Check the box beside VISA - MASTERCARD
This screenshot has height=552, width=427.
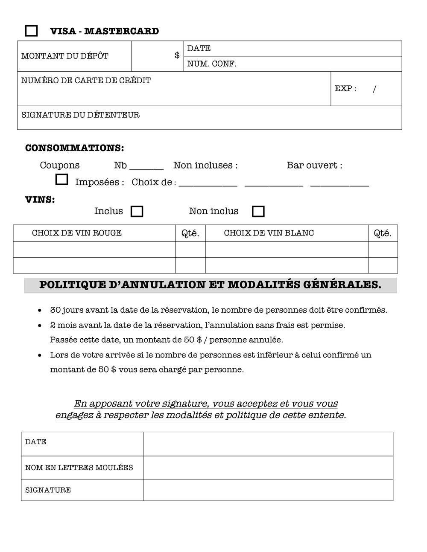coord(31,31)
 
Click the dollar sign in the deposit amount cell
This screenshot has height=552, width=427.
coord(177,55)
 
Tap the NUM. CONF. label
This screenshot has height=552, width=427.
coord(212,64)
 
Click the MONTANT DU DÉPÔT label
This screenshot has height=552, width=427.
coord(65,56)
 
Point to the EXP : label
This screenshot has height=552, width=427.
coord(345,89)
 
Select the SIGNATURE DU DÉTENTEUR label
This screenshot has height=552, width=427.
coord(80,115)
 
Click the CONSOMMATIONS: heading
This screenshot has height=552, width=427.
coord(75,148)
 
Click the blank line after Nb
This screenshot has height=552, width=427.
coord(146,167)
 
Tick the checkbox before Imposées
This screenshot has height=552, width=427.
coord(61,180)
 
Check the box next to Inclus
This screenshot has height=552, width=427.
coord(137,212)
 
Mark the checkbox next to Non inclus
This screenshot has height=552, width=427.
coord(258,212)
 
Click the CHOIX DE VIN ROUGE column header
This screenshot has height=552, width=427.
coord(77,233)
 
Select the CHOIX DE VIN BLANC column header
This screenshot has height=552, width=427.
coord(269,233)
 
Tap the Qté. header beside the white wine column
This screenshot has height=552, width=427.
coord(383,233)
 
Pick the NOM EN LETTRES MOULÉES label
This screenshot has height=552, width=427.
coord(79,468)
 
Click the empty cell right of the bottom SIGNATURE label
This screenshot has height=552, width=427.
coord(268,490)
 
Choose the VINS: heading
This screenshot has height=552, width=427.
coord(40,200)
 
